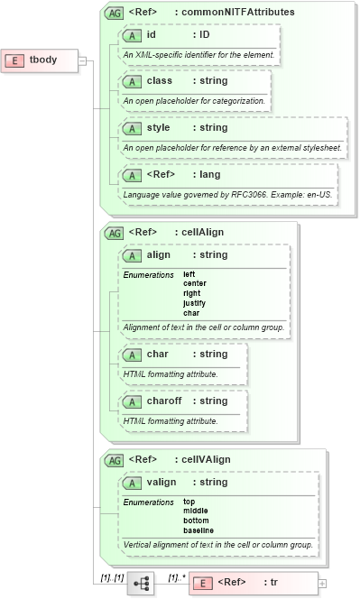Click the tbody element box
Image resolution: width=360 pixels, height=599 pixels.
[42, 60]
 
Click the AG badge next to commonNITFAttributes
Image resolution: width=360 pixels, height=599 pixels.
[115, 13]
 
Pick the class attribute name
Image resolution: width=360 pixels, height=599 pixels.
[160, 81]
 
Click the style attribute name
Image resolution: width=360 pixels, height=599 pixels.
[159, 128]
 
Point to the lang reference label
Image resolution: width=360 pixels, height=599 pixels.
[208, 174]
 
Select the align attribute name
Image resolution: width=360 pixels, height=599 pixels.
[159, 255]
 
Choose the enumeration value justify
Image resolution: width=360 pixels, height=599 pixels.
[194, 303]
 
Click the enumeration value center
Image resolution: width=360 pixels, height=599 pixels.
[195, 283]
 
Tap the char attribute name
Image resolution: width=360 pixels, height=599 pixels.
[158, 355]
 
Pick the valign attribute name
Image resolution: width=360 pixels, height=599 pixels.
[162, 483]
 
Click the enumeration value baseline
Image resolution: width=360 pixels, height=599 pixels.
[198, 530]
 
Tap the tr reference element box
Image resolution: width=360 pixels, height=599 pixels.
[253, 583]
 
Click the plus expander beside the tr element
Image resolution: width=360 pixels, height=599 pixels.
[322, 584]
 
